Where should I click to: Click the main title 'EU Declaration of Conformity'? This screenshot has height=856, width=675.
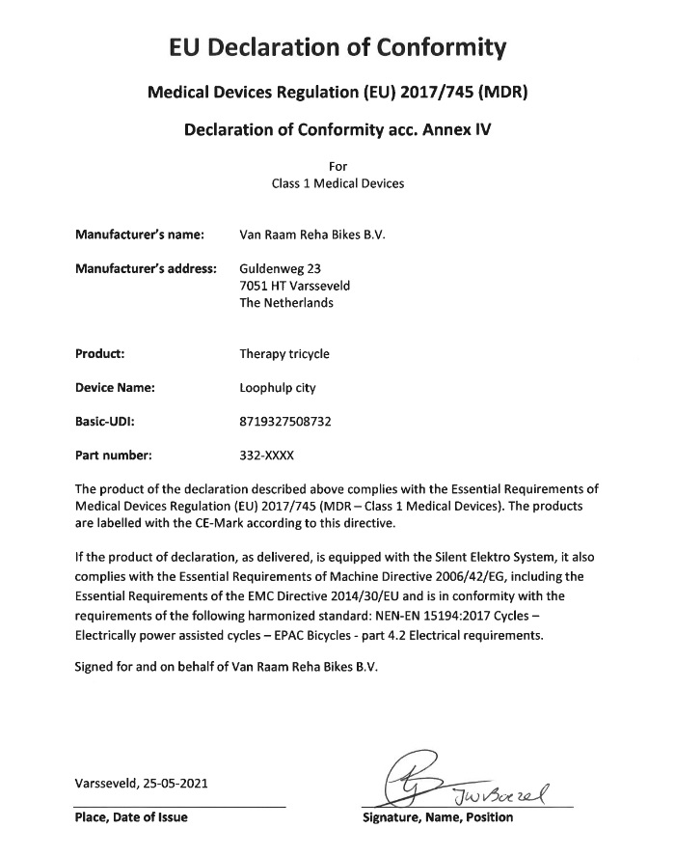[x=337, y=46]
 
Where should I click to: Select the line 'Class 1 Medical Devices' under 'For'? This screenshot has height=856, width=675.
[x=337, y=183]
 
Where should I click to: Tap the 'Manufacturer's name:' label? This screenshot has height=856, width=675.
[x=140, y=234]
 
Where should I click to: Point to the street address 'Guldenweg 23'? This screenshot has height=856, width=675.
[x=280, y=268]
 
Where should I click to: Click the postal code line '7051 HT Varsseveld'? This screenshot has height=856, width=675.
[x=294, y=286]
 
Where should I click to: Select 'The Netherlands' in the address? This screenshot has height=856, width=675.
[x=285, y=302]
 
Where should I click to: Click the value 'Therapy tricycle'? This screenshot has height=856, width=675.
[x=283, y=353]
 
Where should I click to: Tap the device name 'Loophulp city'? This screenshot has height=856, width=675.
[x=277, y=388]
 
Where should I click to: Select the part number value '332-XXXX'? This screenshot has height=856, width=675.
[x=266, y=455]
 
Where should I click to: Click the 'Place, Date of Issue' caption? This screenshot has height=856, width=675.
[x=131, y=817]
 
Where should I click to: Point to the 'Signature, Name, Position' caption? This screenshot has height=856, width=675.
[x=437, y=817]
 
